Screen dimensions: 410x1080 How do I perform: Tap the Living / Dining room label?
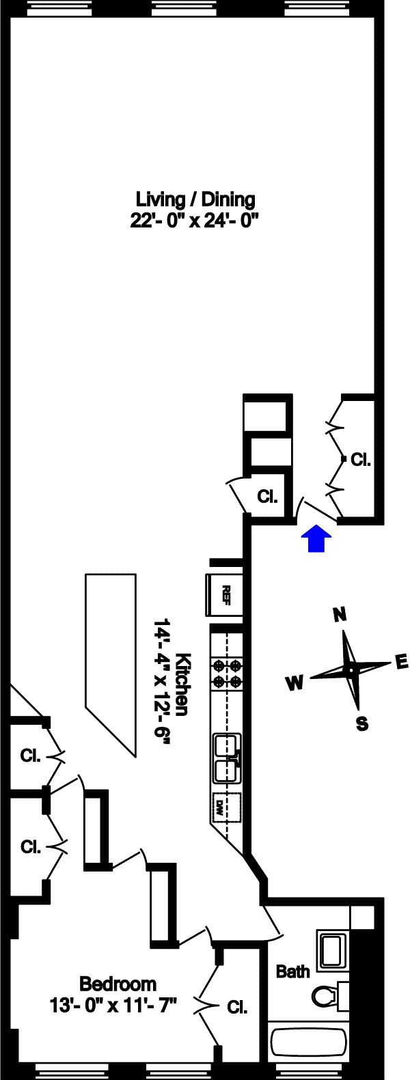point(195,199)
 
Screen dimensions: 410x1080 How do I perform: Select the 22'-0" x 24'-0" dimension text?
point(195,221)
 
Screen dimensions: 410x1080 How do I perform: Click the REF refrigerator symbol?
point(226,595)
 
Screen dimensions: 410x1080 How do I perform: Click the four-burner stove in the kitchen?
point(227,673)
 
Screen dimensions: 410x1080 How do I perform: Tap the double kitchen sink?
point(226,758)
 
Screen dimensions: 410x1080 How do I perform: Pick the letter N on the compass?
point(340,615)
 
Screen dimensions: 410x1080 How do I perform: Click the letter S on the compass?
point(362,723)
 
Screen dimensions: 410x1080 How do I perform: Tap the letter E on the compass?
point(401,661)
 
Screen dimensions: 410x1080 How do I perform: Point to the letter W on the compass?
point(295,682)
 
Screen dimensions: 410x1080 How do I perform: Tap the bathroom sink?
point(334,949)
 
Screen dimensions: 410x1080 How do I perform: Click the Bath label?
point(292,971)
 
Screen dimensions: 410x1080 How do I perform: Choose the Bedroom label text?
point(118,984)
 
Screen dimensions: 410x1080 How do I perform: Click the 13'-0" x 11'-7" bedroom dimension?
point(113,1005)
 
